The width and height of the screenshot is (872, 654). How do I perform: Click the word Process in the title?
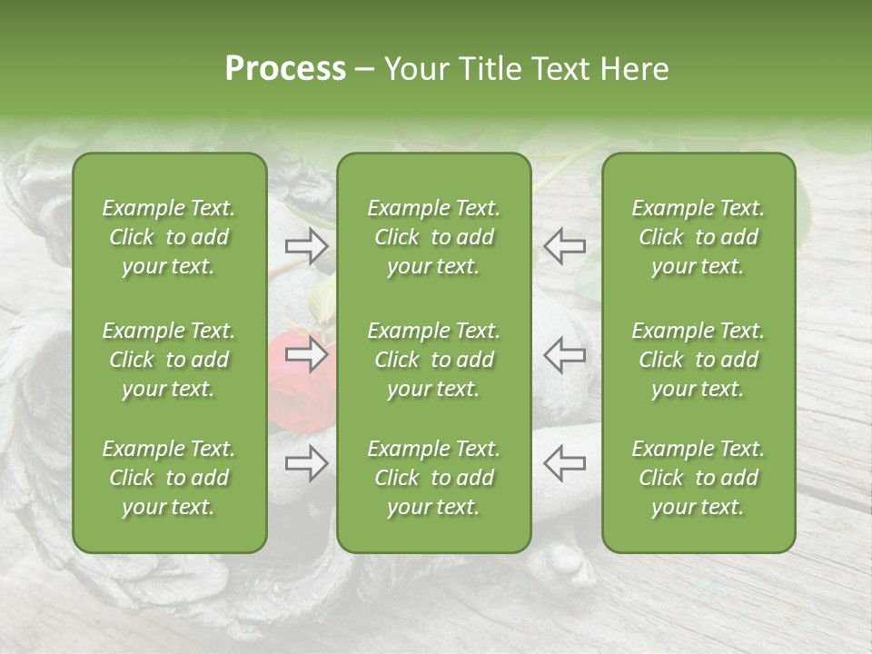285,69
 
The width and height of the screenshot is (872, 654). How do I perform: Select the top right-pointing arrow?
306,246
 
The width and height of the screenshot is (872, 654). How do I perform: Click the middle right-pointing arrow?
306,355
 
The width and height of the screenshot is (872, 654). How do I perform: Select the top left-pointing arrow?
564,246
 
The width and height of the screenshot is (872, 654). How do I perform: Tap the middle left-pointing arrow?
564,355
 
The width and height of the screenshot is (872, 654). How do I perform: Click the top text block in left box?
169,237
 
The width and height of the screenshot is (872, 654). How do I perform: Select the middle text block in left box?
169,360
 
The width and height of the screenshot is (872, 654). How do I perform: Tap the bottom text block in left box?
169,478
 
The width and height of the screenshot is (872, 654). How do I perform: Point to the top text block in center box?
434,237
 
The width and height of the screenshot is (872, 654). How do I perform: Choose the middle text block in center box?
434,360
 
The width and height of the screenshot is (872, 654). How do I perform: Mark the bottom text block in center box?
434,478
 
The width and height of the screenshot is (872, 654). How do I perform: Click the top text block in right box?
699,237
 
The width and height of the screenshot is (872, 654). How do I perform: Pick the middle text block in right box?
699,360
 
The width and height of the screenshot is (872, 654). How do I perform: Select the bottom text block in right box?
699,478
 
